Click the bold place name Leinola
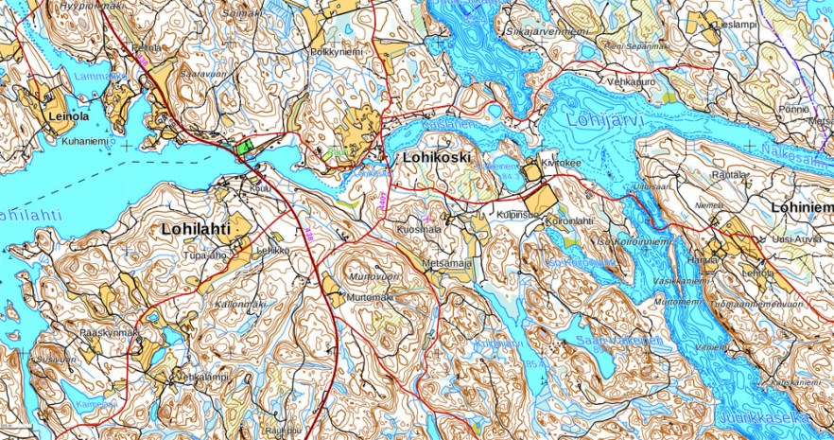click(67, 116)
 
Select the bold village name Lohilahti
click(195, 228)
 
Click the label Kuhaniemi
click(86, 141)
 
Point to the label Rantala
click(728, 175)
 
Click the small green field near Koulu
click(243, 146)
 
